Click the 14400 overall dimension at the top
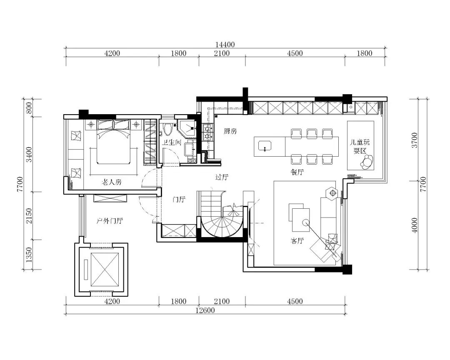(225, 45)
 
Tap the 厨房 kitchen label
(230, 131)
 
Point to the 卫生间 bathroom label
(171, 142)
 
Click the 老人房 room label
(112, 182)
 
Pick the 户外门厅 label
(110, 221)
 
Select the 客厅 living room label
(297, 240)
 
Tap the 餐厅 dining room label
(297, 172)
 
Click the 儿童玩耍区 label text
(360, 146)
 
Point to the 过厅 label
(222, 177)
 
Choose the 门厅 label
(179, 199)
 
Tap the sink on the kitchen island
(265, 145)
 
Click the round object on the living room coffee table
(306, 222)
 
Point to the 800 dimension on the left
(29, 107)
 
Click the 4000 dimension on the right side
(415, 225)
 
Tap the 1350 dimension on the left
(29, 255)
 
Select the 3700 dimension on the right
(415, 140)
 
